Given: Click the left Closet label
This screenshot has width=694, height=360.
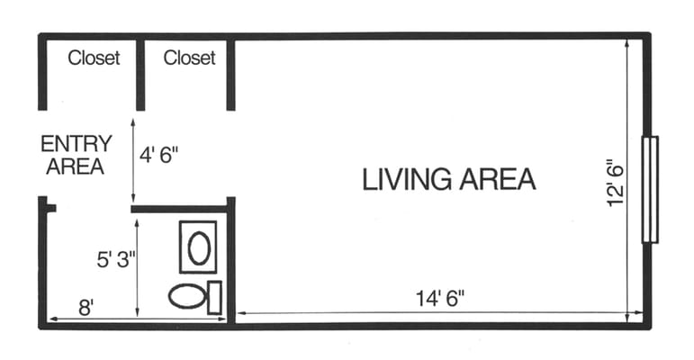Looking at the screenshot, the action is tap(94, 58).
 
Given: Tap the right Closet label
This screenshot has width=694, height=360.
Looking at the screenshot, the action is tap(189, 58).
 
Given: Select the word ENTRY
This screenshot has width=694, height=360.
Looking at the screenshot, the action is tap(77, 144).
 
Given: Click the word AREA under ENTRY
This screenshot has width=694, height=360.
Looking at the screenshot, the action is tap(76, 166).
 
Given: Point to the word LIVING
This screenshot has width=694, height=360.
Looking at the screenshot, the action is tap(407, 179).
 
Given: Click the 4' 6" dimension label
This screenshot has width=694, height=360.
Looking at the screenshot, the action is tap(159, 155).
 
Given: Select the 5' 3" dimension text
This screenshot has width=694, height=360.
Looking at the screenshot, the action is tap(116, 259).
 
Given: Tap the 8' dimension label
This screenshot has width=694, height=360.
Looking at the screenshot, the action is tap(86, 307).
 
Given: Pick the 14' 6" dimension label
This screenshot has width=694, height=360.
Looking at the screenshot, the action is tap(440, 299).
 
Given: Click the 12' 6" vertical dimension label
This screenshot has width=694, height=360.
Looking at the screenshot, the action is tap(615, 183).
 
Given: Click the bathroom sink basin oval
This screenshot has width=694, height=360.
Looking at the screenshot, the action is tap(199, 248).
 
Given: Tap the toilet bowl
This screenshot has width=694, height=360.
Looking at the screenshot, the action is tap(187, 296).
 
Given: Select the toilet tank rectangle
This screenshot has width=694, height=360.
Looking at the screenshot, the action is tap(214, 298).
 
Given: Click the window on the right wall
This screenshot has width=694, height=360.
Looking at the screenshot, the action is tap(650, 190).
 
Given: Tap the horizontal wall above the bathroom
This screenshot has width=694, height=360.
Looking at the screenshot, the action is tap(179, 209).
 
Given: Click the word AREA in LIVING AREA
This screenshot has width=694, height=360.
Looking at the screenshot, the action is tap(498, 179).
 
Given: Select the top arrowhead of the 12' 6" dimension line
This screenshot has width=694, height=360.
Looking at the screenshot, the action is tap(627, 42).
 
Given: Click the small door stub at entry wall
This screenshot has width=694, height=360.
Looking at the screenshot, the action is tap(50, 208).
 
